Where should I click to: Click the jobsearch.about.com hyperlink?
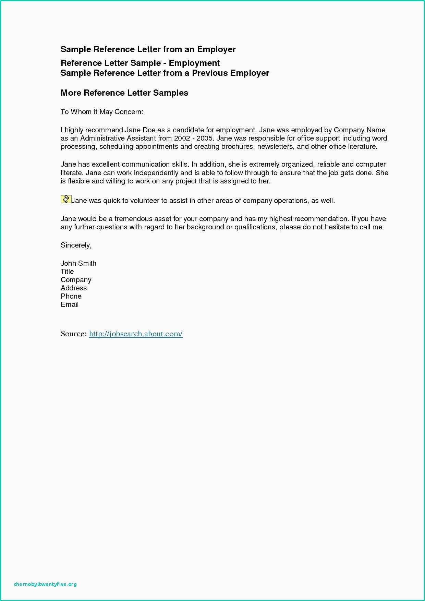click(136, 334)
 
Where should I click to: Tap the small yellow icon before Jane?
click(65, 199)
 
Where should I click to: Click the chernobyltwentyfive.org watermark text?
click(45, 584)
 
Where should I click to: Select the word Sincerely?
click(76, 245)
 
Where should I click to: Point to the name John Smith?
click(78, 263)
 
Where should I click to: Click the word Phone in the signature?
click(71, 296)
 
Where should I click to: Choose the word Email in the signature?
click(70, 304)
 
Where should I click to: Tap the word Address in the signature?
click(74, 288)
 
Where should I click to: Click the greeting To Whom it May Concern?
click(102, 112)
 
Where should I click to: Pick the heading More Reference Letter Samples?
click(124, 93)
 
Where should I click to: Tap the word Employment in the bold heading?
click(194, 63)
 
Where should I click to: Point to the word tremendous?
click(133, 219)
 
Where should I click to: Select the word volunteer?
click(145, 201)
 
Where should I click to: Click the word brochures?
click(237, 147)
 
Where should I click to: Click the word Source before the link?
click(73, 334)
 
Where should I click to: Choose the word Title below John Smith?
click(67, 272)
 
